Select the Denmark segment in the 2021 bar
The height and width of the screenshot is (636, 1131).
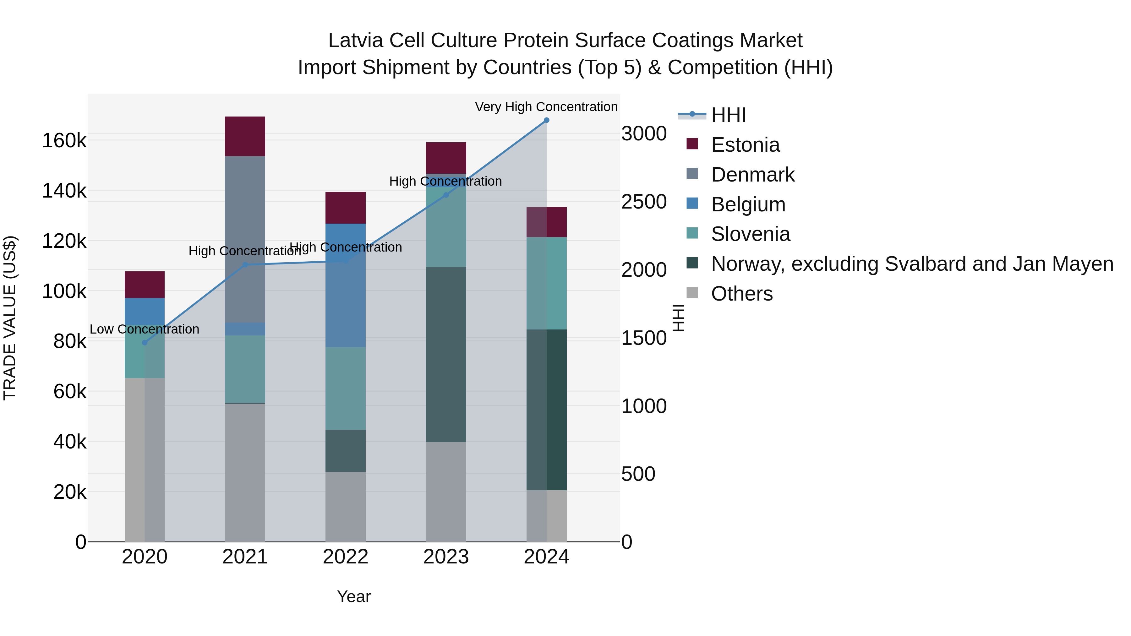[x=245, y=239]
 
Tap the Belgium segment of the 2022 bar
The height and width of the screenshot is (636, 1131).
[x=346, y=285]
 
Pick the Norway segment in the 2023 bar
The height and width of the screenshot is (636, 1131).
[x=446, y=354]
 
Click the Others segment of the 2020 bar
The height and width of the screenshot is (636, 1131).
[x=145, y=459]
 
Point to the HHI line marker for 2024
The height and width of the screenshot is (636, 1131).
[x=547, y=120]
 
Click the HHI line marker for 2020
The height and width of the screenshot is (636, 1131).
[x=145, y=343]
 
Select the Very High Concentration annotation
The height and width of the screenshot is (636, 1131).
[x=546, y=107]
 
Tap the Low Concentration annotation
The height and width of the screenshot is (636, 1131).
[x=145, y=329]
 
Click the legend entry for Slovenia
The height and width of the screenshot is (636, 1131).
[x=750, y=234]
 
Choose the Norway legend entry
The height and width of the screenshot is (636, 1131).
[x=912, y=264]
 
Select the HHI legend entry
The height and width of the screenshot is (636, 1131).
[x=728, y=115]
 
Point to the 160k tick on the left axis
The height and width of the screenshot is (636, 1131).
[x=64, y=141]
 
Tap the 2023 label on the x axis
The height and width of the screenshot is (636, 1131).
[x=446, y=557]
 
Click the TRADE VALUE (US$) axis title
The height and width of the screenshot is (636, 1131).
[x=10, y=318]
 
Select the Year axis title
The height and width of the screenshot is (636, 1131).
[x=353, y=596]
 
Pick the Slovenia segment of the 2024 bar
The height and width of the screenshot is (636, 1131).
[x=547, y=283]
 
